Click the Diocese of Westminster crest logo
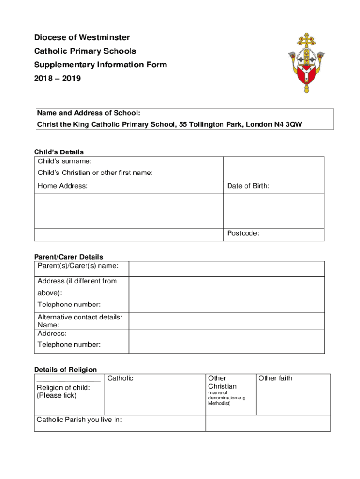pyautogui.click(x=306, y=62)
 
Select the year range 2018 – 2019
pyautogui.click(x=57, y=79)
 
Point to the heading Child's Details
pyautogui.click(x=59, y=152)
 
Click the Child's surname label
pyautogui.click(x=65, y=161)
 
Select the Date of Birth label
pyautogui.click(x=248, y=186)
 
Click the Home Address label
pyautogui.click(x=63, y=186)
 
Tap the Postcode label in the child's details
pyautogui.click(x=243, y=233)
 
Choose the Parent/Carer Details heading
pyautogui.click(x=69, y=257)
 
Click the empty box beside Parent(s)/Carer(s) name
pyautogui.click(x=226, y=269)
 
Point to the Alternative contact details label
pyautogui.click(x=80, y=317)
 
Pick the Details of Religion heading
pyautogui.click(x=65, y=370)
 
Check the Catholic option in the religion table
pyautogui.click(x=121, y=378)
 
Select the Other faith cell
pyautogui.click(x=275, y=378)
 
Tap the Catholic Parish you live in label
pyautogui.click(x=79, y=420)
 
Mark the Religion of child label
pyautogui.click(x=64, y=387)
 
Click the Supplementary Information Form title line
pyautogui.click(x=100, y=65)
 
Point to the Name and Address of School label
pyautogui.click(x=89, y=113)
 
